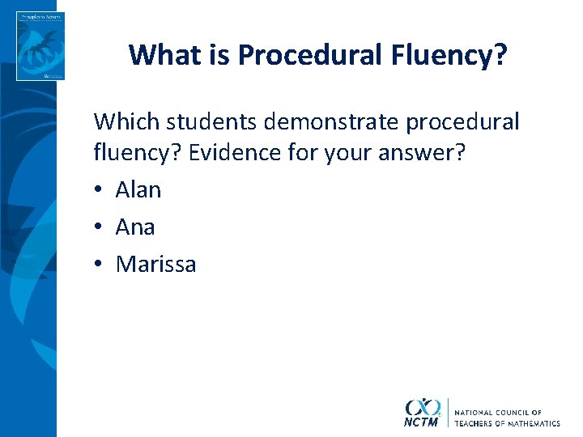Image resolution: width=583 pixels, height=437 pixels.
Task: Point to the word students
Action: point(209,122)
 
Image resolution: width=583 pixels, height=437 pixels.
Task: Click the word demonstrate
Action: point(335,122)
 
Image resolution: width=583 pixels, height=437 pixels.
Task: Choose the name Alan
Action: point(138,190)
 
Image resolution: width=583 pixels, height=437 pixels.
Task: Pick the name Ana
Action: point(135,227)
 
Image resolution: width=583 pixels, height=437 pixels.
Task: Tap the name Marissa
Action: point(155,265)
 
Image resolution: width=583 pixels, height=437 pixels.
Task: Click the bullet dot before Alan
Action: point(99,191)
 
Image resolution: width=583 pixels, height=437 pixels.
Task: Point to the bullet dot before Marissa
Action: point(99,265)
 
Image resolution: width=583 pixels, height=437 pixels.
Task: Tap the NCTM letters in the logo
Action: point(423,422)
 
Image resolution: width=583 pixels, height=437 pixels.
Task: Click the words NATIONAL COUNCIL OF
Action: point(498,413)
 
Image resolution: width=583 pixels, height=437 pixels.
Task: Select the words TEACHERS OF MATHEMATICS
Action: point(507,423)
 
